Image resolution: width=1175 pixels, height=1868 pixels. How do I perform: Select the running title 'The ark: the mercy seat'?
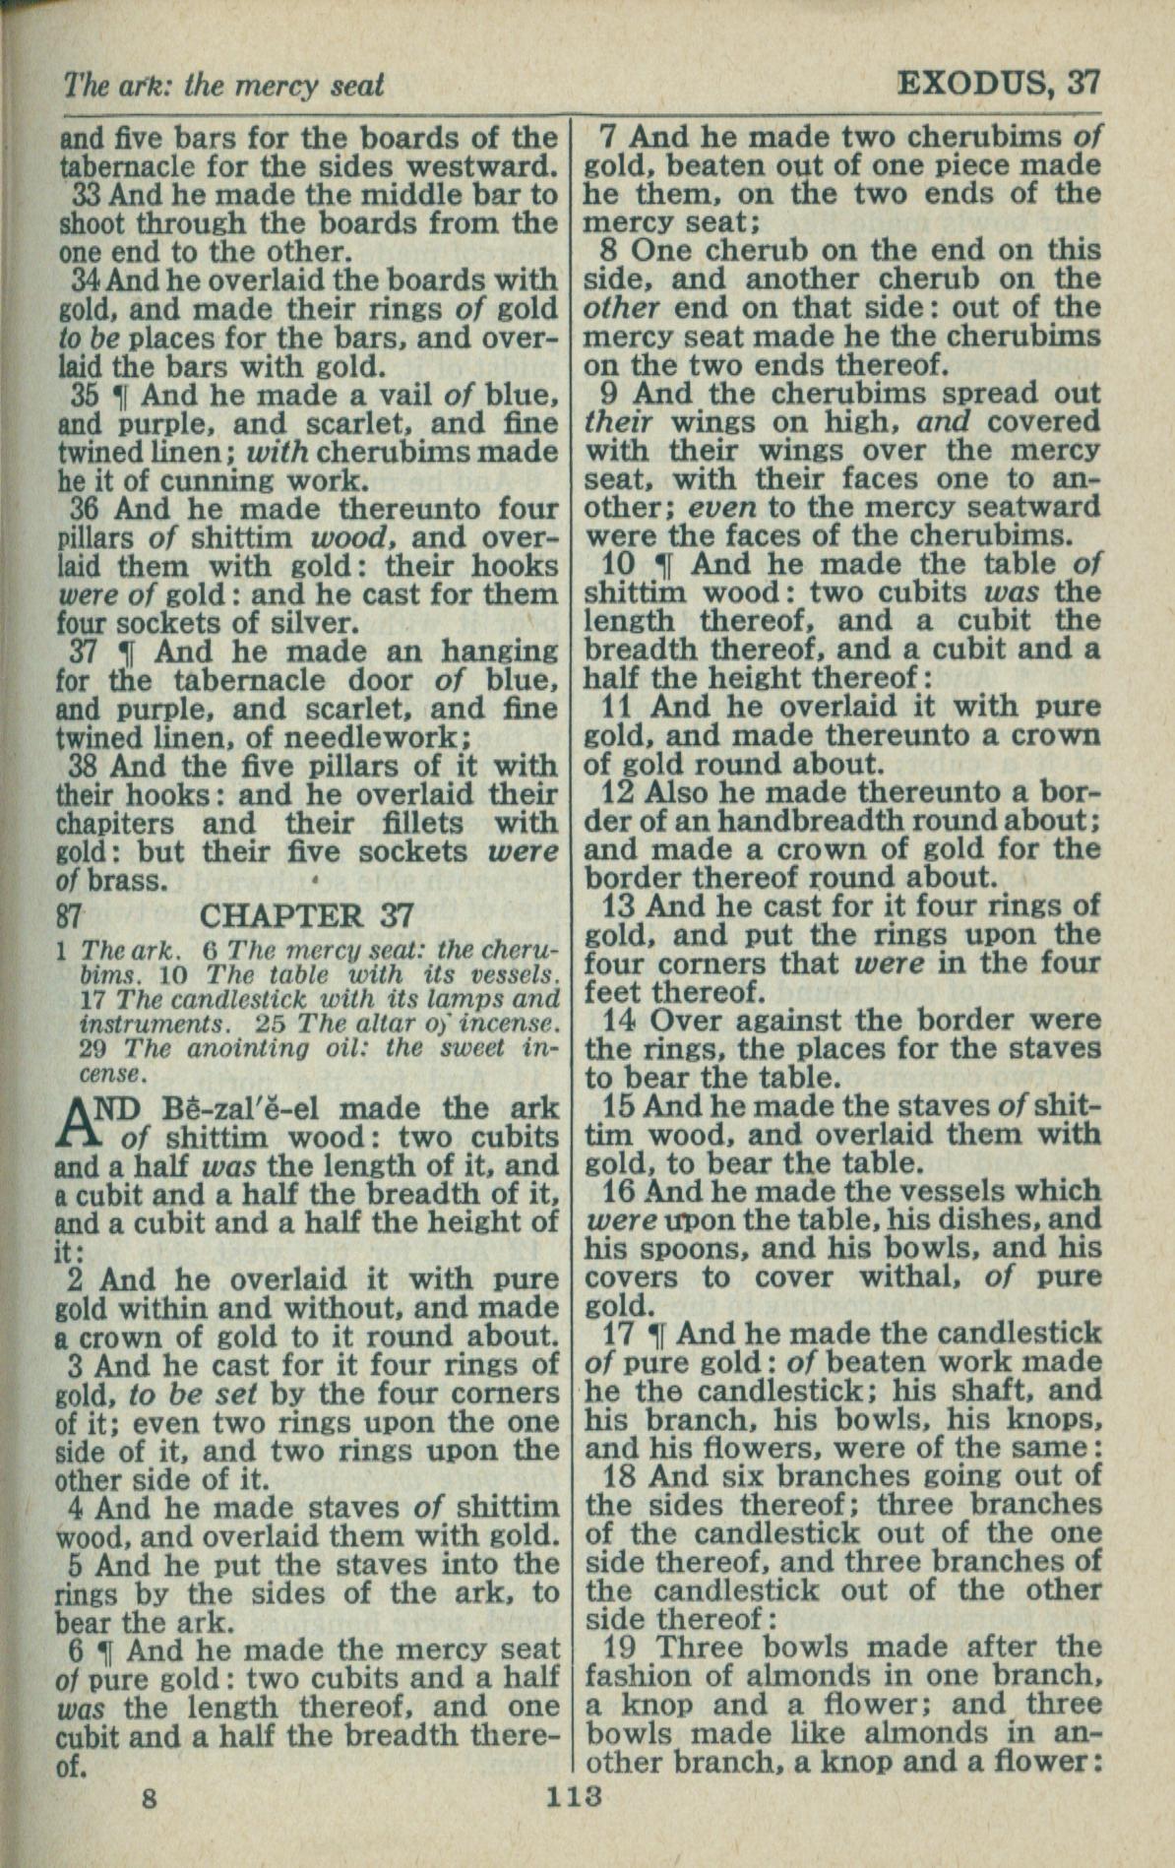tap(222, 87)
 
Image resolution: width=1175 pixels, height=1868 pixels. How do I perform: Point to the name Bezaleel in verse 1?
tap(227, 1108)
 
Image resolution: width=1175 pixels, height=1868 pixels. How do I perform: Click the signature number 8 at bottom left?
tap(149, 1798)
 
